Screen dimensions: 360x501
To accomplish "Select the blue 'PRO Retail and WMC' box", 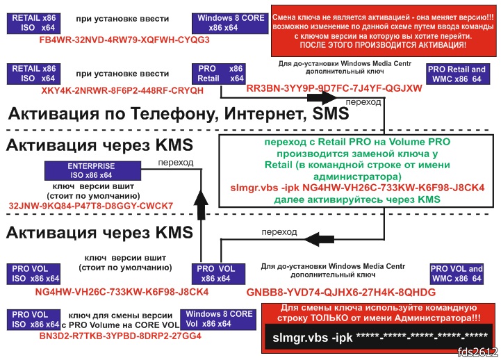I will click(457, 74).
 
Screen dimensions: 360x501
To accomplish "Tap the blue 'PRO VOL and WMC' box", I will click(457, 273).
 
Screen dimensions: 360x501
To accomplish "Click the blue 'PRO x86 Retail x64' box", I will click(215, 74).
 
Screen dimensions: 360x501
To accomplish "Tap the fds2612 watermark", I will click(479, 352).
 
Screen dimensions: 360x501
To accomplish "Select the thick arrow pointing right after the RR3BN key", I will click(398, 102).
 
